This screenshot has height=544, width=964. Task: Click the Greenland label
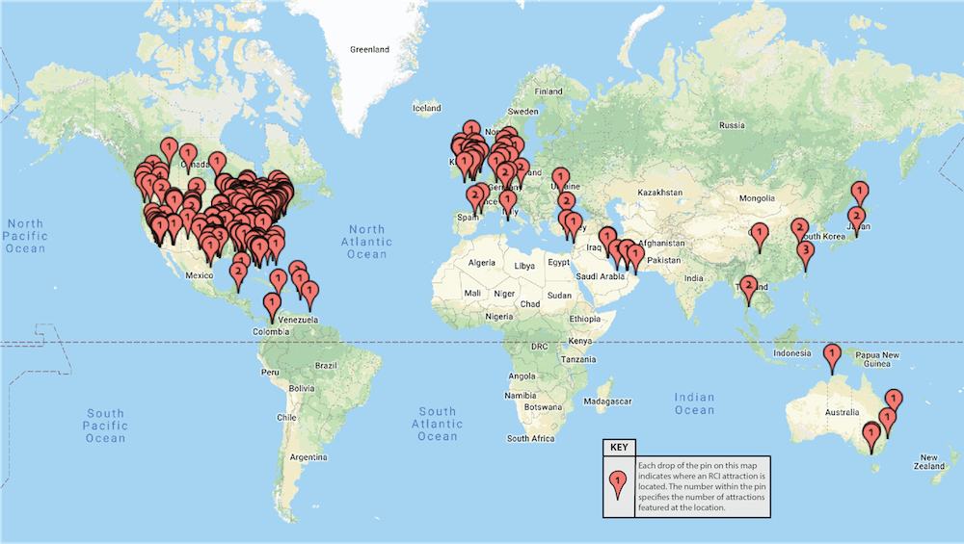point(369,49)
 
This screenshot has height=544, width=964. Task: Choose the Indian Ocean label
point(694,403)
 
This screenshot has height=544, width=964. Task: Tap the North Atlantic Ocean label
point(366,243)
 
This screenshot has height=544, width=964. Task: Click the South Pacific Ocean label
point(104,426)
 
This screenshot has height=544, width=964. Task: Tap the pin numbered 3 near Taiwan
point(806,252)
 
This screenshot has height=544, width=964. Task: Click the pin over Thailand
point(748,286)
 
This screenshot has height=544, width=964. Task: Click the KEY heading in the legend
point(618,447)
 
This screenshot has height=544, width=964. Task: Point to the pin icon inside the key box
point(618,483)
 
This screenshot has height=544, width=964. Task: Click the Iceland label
point(426,108)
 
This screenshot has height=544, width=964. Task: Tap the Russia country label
point(733,125)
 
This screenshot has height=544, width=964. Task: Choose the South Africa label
point(530,438)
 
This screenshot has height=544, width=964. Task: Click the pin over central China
point(760,233)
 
